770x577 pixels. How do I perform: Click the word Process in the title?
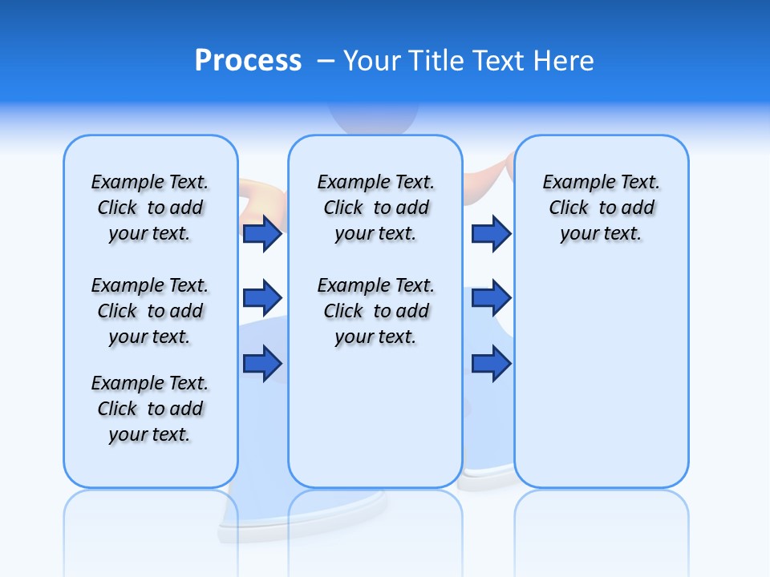pos(248,61)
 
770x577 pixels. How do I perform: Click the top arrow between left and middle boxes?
pos(262,234)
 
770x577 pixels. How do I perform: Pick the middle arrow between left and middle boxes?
pos(262,298)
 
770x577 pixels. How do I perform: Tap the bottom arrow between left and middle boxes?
pos(262,363)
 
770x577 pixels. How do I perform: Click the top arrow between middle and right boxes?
pos(491,234)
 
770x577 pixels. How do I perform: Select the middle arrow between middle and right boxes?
pos(491,298)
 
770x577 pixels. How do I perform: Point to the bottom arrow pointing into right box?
pos(491,363)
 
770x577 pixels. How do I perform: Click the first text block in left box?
pos(150,208)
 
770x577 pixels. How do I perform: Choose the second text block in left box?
pos(150,311)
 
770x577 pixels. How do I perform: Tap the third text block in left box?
pos(150,409)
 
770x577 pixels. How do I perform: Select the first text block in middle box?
pos(375,208)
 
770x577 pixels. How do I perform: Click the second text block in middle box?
pos(375,311)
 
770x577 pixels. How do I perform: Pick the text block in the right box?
pos(602,208)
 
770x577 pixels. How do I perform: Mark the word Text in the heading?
pos(497,61)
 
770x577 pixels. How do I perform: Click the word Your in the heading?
pos(371,61)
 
